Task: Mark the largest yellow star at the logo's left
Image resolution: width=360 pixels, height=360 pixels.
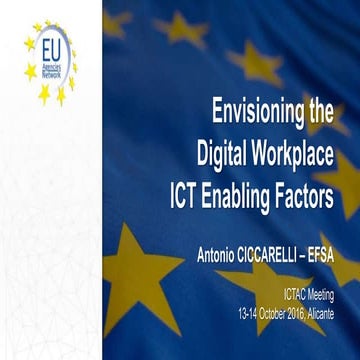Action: click(29, 71)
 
